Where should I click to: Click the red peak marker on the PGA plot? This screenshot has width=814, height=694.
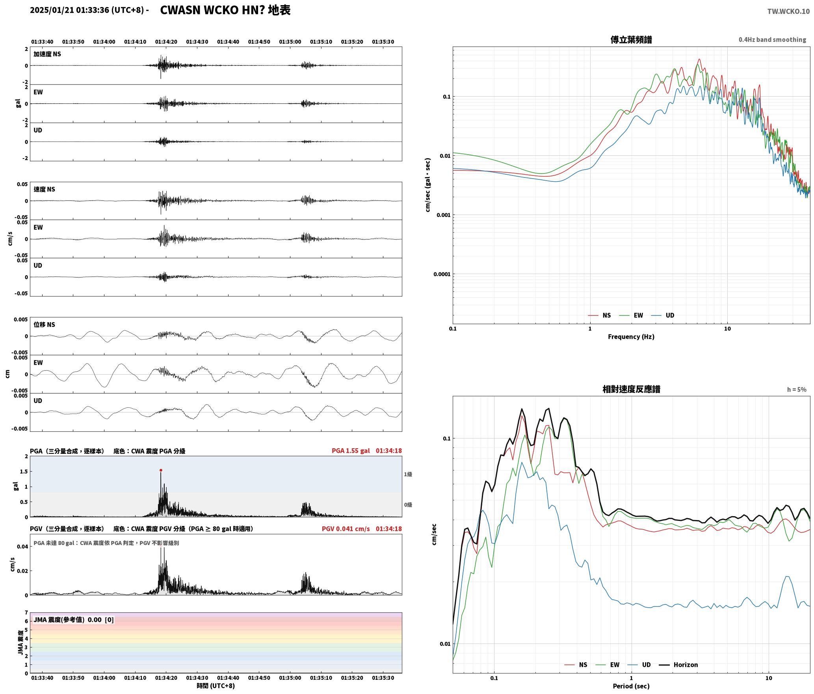click(x=161, y=470)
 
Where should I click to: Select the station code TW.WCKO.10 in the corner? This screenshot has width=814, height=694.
click(x=788, y=11)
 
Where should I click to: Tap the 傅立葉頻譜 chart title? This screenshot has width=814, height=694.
click(x=631, y=39)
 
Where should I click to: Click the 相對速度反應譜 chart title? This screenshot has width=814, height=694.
click(x=631, y=389)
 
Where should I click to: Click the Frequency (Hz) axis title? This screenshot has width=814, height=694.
click(x=631, y=336)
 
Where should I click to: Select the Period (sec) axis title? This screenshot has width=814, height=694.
click(x=631, y=686)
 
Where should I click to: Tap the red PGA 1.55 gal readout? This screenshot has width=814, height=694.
click(x=351, y=451)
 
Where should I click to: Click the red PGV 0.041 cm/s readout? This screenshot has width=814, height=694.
click(x=346, y=529)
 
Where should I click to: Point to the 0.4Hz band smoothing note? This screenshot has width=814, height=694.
click(x=772, y=39)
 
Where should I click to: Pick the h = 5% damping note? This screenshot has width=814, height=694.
click(x=797, y=390)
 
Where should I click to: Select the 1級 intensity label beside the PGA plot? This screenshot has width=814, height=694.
click(x=408, y=474)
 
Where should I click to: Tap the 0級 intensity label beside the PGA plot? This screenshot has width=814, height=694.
click(x=408, y=505)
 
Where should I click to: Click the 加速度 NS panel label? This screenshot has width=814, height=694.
click(x=47, y=54)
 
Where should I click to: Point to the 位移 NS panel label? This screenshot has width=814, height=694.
click(x=44, y=325)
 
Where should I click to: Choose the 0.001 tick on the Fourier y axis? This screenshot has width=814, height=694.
click(x=443, y=215)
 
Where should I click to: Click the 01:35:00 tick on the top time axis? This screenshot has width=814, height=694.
click(x=290, y=42)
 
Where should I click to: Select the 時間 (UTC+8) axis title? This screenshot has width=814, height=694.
click(x=216, y=686)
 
